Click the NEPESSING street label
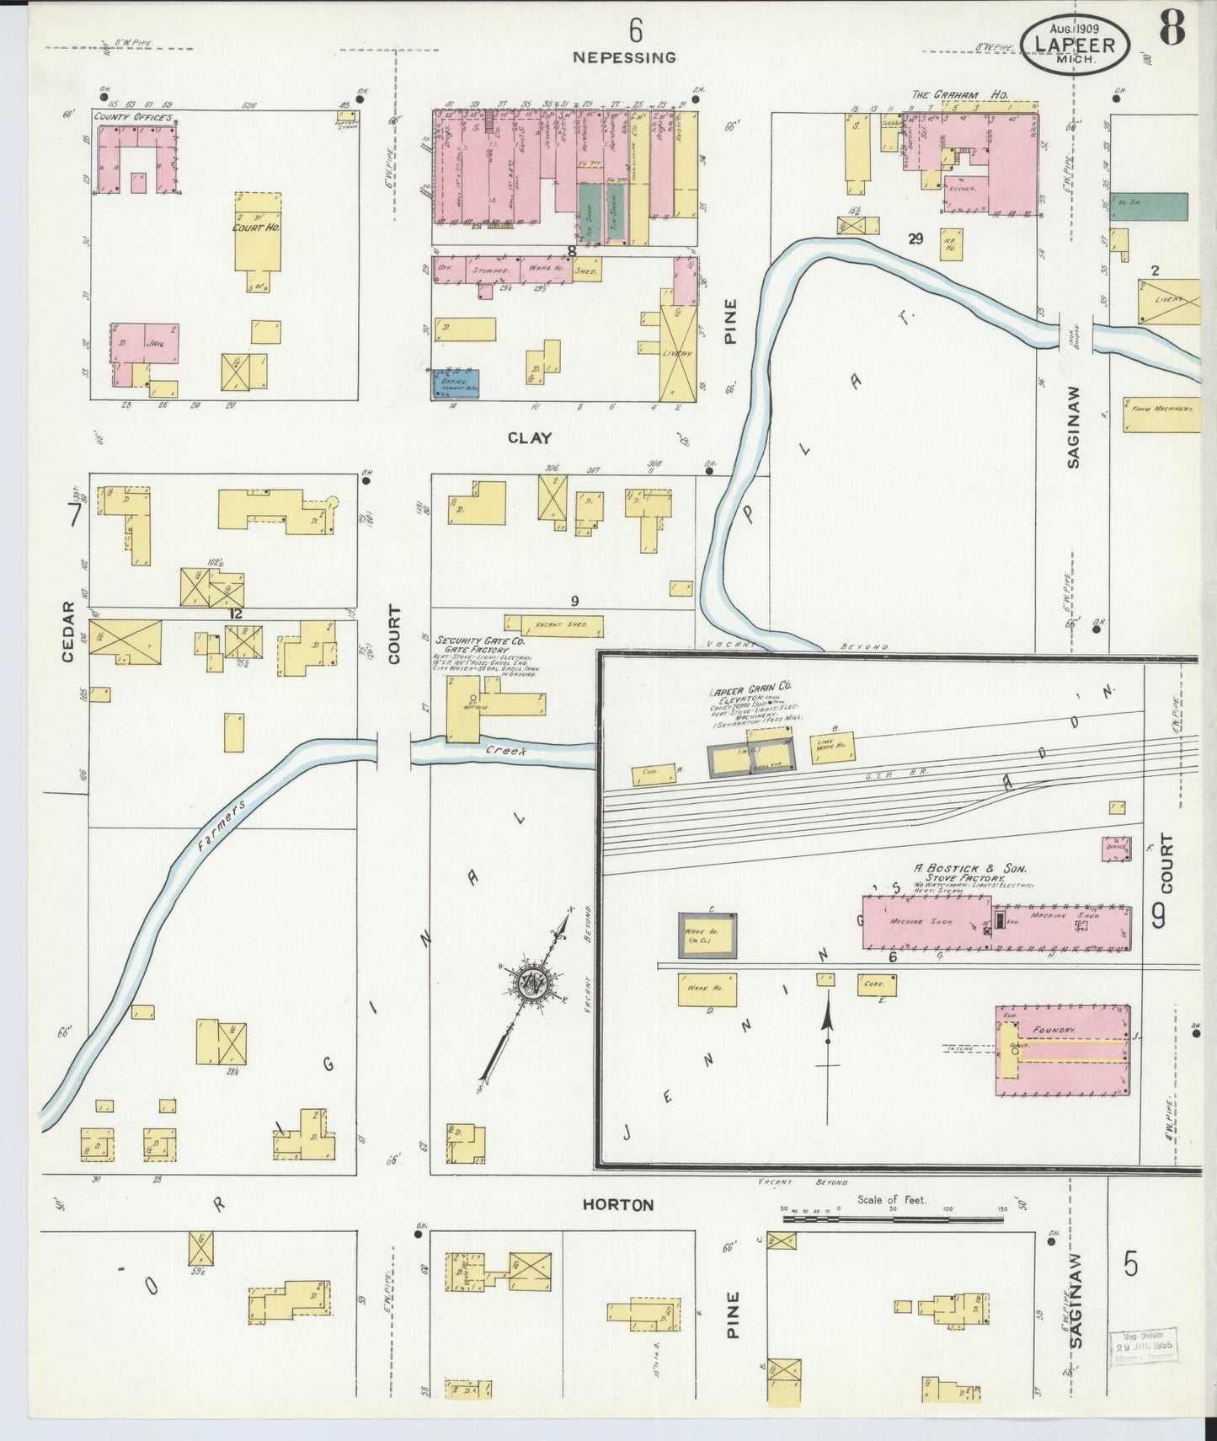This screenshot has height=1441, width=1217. point(624,57)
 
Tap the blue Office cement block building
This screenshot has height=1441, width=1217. point(455,383)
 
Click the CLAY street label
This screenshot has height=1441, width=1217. point(530,438)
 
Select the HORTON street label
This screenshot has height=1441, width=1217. point(618,1205)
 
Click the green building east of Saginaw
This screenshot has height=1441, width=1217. point(1149,206)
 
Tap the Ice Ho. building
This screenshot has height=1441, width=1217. point(951,243)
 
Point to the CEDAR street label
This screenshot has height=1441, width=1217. point(69,631)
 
